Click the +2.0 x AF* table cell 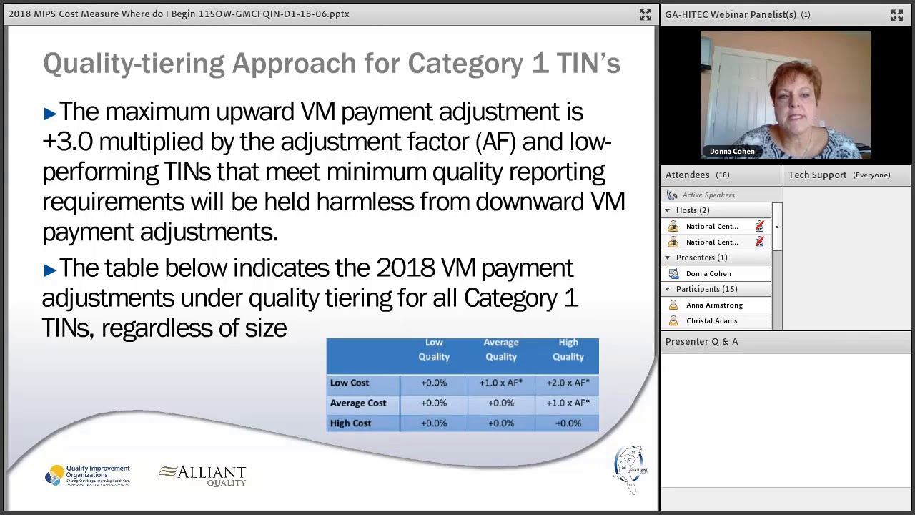point(568,383)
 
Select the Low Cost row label point(350,383)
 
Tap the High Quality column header point(568,350)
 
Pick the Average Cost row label point(358,403)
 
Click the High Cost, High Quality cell point(568,423)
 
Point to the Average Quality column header point(500,350)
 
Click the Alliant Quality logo point(202,476)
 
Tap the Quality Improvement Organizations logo point(87,476)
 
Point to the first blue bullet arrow point(49,113)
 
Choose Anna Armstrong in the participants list point(714,305)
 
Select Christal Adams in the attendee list point(711,320)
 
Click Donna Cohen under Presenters point(708,273)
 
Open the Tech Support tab point(817,175)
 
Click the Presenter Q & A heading point(701,341)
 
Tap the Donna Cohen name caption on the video point(732,152)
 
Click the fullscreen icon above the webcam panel point(896,15)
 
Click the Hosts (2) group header point(692,210)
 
